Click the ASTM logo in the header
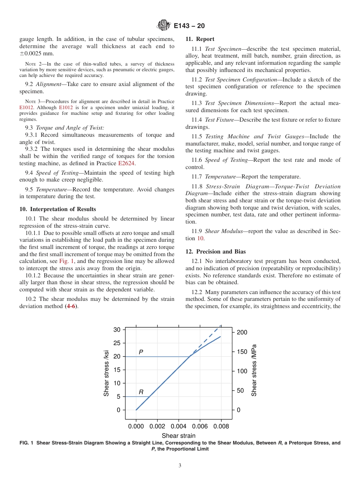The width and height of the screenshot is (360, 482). pos(164,26)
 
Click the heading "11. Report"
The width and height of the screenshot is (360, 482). pos(200,39)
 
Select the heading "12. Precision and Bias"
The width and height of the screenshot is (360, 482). pos(215,252)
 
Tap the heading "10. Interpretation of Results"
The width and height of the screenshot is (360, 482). pos(58,209)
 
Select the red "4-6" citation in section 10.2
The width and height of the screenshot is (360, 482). pos(71,306)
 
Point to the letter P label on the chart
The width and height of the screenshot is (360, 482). pos(141,352)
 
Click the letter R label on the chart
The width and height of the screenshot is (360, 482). pos(141,392)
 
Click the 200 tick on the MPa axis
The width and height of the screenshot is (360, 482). pos(242,332)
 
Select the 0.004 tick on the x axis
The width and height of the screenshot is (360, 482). pos(178,426)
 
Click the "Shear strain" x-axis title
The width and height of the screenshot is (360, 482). pos(178,436)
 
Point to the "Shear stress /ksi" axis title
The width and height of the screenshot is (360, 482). pos(106,373)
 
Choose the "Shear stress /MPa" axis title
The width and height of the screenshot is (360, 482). pos(254,370)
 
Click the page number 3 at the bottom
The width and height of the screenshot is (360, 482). pos(180,466)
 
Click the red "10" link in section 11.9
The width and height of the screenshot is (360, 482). pos(200,238)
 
